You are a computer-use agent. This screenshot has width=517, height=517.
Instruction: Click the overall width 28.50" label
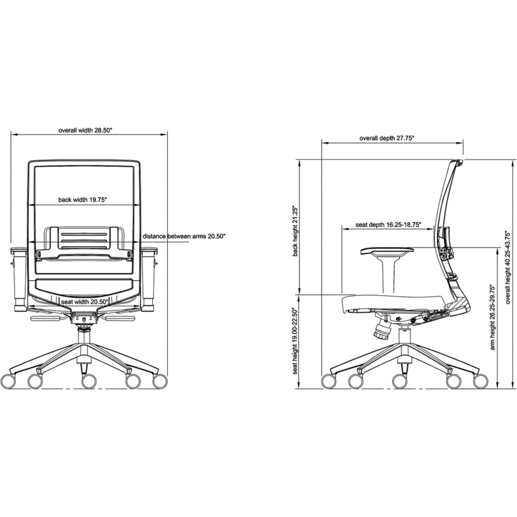pos(85,131)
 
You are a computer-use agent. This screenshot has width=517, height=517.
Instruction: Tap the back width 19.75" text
pos(83,199)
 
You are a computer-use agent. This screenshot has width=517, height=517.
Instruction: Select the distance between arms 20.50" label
pos(184,237)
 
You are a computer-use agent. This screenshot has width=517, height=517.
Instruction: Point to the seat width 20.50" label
pos(84,302)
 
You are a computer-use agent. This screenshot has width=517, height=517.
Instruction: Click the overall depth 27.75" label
pos(387,138)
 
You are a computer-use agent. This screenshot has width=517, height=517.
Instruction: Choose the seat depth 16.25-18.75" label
pos(388,224)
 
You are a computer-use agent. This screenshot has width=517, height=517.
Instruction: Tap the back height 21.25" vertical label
pos(296,231)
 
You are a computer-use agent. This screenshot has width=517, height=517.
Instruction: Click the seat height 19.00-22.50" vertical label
pos(296,341)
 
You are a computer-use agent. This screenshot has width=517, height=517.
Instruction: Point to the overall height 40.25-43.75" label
pos(508,268)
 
